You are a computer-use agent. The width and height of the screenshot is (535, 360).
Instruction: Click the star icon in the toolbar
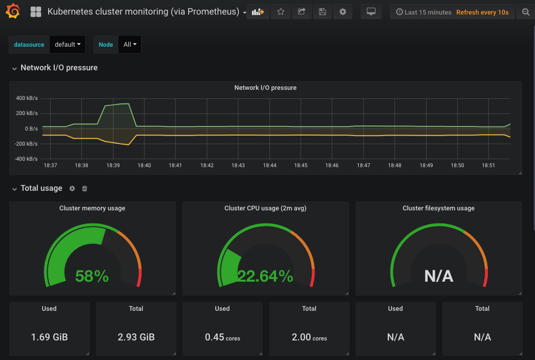281,12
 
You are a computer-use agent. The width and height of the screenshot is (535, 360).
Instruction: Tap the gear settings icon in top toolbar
343,12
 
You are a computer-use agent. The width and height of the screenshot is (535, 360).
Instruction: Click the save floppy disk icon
322,12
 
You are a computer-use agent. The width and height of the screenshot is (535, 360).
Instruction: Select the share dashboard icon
302,12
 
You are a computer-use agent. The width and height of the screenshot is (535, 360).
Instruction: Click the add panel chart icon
258,12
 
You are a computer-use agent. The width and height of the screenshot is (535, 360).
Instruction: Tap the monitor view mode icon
371,12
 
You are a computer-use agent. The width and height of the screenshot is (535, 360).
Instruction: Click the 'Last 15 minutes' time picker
424,12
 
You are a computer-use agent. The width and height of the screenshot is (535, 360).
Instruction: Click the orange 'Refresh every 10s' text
482,12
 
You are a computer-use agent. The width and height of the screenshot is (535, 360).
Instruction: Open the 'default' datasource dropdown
68,44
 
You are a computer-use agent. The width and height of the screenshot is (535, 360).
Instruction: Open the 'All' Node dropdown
129,44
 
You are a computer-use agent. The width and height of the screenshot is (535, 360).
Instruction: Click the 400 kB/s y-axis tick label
27,98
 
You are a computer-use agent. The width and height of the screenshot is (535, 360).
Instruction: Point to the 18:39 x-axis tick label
113,165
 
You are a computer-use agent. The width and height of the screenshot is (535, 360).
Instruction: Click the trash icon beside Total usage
84,188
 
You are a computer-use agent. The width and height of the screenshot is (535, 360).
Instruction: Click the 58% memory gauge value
92,276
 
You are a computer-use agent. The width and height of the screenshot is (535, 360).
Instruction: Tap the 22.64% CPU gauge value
265,276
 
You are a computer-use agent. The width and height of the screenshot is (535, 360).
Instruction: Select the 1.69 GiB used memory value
49,337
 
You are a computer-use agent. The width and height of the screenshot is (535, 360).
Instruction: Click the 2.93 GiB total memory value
136,337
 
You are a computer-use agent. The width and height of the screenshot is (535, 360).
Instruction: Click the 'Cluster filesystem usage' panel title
438,208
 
